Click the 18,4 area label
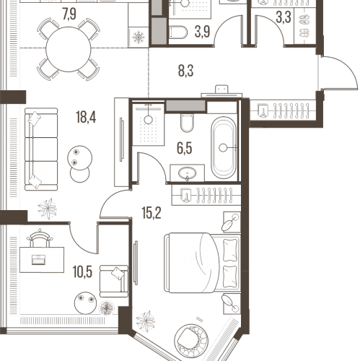(x=86, y=118)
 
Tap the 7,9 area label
(x=69, y=14)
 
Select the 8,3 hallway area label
(x=185, y=71)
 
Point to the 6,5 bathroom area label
(x=185, y=148)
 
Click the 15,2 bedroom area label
(x=152, y=213)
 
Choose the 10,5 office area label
(x=82, y=272)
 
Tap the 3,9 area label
(x=203, y=32)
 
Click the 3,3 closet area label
(x=284, y=17)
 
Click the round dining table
(x=69, y=49)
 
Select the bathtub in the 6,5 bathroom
(x=224, y=147)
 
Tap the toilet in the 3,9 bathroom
(x=178, y=32)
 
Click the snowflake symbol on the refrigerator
(x=139, y=38)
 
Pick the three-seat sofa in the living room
(x=41, y=149)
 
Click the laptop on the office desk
(x=38, y=260)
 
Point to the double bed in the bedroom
(x=203, y=263)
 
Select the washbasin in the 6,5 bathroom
(x=187, y=173)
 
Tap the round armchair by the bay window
(x=191, y=340)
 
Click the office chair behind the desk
(x=40, y=238)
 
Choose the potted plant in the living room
(x=48, y=209)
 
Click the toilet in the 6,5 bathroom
(x=187, y=123)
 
